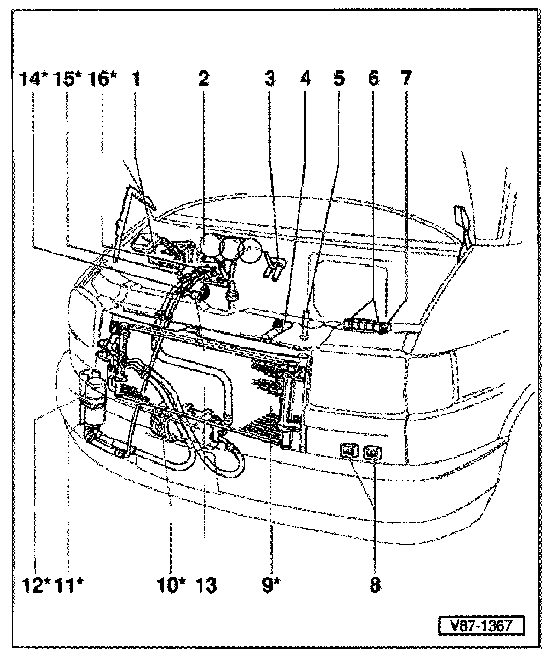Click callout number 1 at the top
tap(135, 79)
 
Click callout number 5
tap(338, 79)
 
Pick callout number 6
tap(373, 79)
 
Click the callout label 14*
tap(34, 79)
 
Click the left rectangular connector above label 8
tap(348, 451)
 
